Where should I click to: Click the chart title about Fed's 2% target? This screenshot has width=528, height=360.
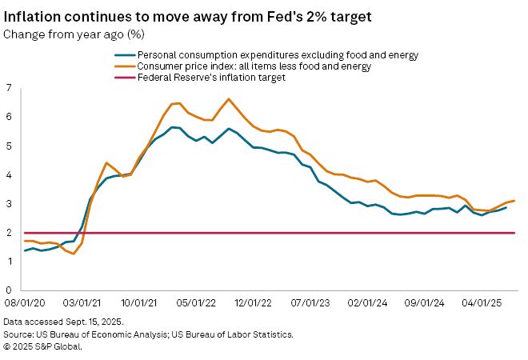coord(201,15)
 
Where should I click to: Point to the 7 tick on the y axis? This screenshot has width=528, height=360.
coord(9,88)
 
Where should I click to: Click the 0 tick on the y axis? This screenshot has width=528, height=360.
coord(9,290)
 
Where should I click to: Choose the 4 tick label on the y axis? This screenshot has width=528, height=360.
coord(9,174)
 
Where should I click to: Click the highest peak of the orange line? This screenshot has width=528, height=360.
coord(229,99)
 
